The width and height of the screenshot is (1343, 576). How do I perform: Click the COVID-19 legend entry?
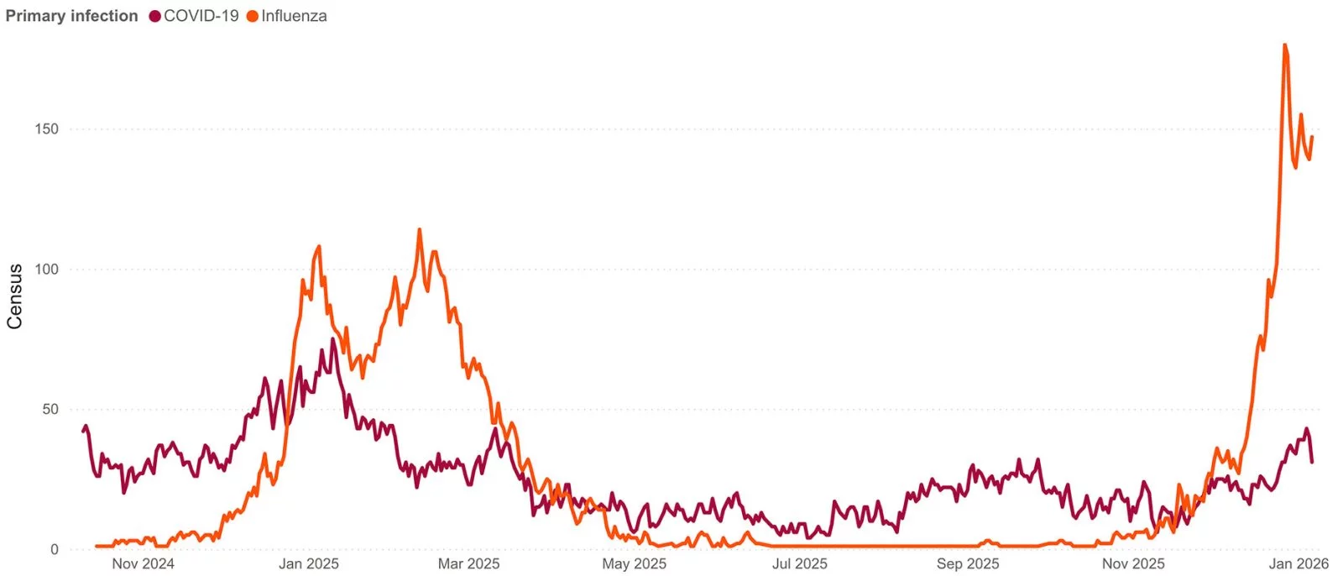(x=201, y=16)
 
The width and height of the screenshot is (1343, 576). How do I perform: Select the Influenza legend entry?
(x=294, y=16)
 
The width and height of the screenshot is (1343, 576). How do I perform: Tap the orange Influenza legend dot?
(x=253, y=16)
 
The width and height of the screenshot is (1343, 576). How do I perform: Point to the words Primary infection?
(x=71, y=16)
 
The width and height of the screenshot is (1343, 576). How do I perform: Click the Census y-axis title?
(x=14, y=296)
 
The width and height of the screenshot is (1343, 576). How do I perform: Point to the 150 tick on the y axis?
(x=47, y=129)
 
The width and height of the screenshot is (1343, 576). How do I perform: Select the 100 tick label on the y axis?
(x=47, y=270)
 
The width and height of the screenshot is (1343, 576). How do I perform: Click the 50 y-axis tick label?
(x=50, y=410)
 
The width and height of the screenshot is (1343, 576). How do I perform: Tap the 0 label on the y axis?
(x=55, y=550)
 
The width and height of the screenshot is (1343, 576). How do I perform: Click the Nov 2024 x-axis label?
(x=143, y=564)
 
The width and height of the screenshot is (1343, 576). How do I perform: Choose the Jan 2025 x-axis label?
(x=309, y=564)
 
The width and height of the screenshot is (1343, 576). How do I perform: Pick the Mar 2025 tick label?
(x=468, y=564)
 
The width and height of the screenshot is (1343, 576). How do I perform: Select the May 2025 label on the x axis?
(x=634, y=564)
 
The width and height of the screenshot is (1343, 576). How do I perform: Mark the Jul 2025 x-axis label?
(x=799, y=564)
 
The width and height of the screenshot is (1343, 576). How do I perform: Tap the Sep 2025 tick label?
(x=968, y=564)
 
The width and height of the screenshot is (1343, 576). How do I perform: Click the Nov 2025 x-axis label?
(x=1133, y=564)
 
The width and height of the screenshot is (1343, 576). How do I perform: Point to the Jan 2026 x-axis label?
(x=1299, y=564)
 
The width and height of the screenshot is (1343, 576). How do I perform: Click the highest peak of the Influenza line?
(x=1285, y=45)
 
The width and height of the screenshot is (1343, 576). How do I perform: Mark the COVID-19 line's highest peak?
(x=332, y=339)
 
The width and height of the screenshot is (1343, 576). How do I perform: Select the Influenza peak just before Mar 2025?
(x=420, y=230)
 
